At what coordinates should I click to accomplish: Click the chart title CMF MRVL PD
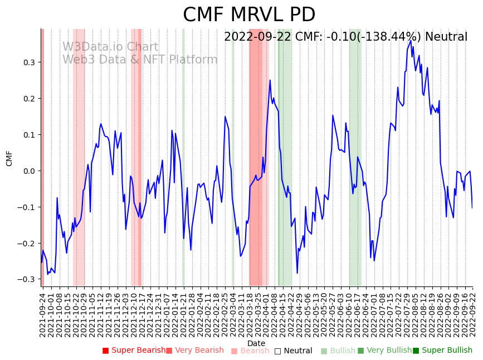coord(249,15)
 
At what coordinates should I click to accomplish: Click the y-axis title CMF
coord(9,158)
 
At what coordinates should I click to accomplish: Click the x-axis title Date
coord(256,343)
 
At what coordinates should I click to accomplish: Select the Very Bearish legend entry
coord(194,351)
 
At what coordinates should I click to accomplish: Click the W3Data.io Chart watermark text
coord(110,47)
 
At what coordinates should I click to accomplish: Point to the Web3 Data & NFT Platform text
coord(140,60)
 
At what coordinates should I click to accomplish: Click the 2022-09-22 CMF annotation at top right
coord(345,37)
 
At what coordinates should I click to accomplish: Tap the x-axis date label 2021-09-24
coord(42,314)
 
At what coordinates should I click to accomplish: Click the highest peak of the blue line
coord(411,41)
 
